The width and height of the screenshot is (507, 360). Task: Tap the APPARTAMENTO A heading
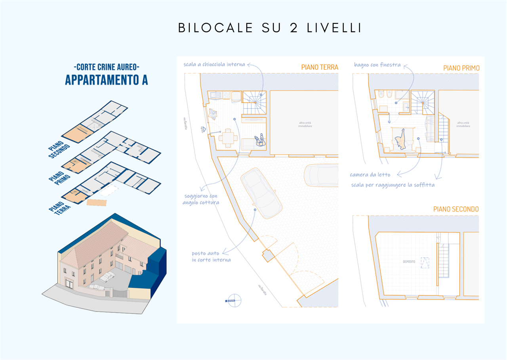coord(106,80)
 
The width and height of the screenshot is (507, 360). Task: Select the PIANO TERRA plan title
coord(319,67)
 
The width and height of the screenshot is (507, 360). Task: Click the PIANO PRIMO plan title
coord(461,68)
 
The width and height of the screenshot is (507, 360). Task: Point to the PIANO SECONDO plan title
coord(456,209)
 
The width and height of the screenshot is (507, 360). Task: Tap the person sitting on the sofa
coord(259,141)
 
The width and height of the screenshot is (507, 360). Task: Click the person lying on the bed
coord(401,138)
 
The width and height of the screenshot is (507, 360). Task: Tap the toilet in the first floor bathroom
coord(380,95)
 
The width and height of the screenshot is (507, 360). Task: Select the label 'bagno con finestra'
coord(377,65)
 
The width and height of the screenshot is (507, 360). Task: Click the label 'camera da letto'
coord(370,174)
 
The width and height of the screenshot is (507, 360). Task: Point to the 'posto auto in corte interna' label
coord(211,257)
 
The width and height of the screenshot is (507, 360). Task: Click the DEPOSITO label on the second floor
coord(409,262)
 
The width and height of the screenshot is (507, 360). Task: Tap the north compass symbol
coord(234,301)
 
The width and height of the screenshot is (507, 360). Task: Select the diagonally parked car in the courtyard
coord(261,193)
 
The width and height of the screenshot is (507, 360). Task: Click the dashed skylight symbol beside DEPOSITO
coord(424,262)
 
